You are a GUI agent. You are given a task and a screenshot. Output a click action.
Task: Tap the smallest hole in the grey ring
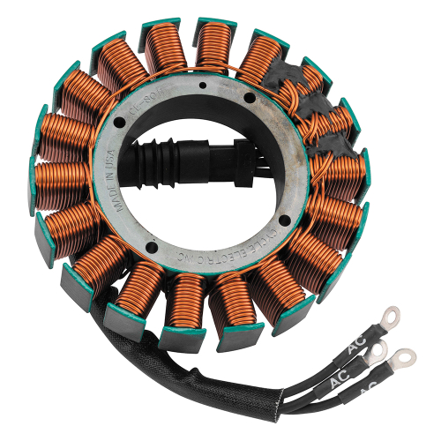[203, 86]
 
